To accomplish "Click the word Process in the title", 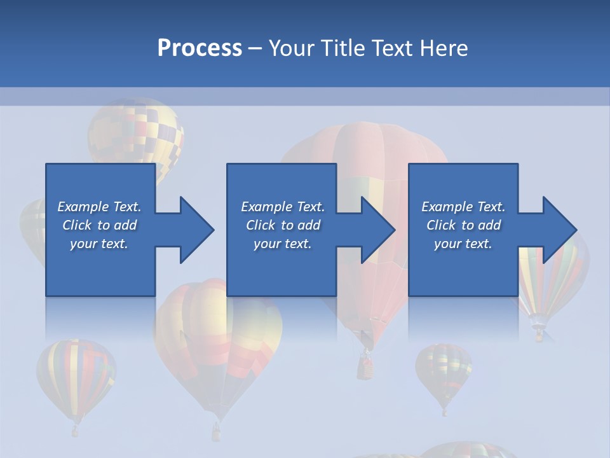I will pos(200,48).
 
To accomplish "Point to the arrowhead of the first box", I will pos(196,230).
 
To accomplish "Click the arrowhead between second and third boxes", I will pos(378,230).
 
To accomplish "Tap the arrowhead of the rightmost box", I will pos(559,230).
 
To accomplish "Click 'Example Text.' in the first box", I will pos(99,207).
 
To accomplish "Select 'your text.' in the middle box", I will pos(282,244).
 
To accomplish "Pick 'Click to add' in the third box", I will pos(463,225).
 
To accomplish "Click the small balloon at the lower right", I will pos(444,372).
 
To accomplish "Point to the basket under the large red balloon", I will pos(365,365).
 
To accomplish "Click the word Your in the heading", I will pos(293,48).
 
